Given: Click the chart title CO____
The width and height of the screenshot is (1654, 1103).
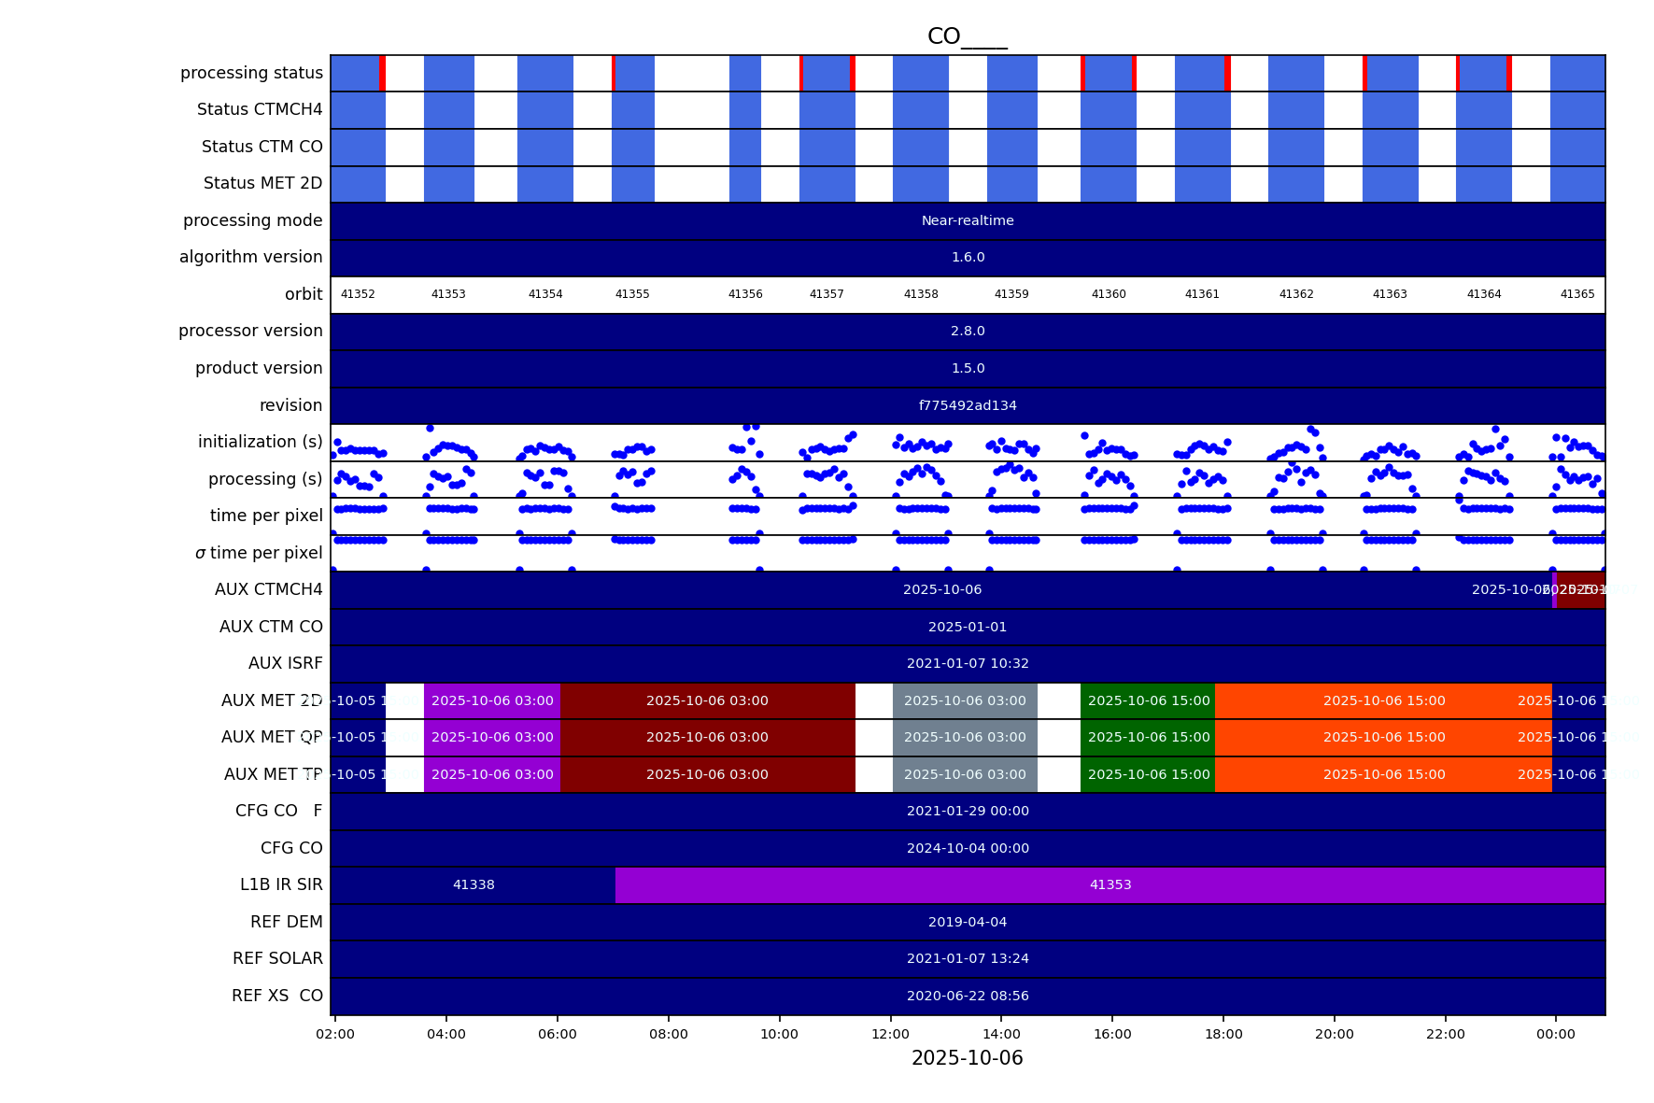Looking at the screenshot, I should coord(967,36).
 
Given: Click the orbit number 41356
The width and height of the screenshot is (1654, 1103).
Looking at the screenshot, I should coord(745,294).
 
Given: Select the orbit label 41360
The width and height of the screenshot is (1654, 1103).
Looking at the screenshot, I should coord(1109,294).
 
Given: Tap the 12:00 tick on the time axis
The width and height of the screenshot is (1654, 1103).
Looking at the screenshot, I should coord(890,1034).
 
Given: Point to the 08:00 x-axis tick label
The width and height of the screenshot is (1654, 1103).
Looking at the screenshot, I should coord(669,1034).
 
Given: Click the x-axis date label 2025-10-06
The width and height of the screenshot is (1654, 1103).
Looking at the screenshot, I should coord(967,1058).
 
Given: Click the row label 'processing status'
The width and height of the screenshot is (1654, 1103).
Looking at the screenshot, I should coord(251,73).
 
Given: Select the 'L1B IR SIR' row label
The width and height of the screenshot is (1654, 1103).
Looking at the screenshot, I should coord(281,884).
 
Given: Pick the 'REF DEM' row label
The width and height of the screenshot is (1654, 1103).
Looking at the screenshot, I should coord(286,922).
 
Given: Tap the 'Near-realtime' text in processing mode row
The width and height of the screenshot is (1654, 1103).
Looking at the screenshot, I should coord(968,220).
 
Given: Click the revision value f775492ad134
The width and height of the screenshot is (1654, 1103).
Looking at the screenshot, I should coord(968,405).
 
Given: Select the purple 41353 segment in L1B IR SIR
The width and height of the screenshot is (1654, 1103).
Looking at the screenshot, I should coord(1110,884).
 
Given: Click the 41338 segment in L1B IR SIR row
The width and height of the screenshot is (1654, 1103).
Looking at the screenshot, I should coord(474,884).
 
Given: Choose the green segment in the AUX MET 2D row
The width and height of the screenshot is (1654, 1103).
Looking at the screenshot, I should coord(1148,700).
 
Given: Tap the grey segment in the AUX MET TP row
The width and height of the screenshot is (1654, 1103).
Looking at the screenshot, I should coord(965,774).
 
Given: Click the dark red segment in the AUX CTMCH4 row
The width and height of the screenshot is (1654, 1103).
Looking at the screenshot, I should coord(1581,589).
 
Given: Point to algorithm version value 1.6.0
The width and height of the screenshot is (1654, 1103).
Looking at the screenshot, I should coord(968,257).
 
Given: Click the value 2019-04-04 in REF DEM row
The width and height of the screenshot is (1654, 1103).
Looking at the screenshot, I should coord(968,922).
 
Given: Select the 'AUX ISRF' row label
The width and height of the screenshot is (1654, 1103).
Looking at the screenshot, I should coord(285,663).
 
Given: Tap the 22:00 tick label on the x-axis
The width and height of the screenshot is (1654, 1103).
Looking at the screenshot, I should coord(1445,1034).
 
